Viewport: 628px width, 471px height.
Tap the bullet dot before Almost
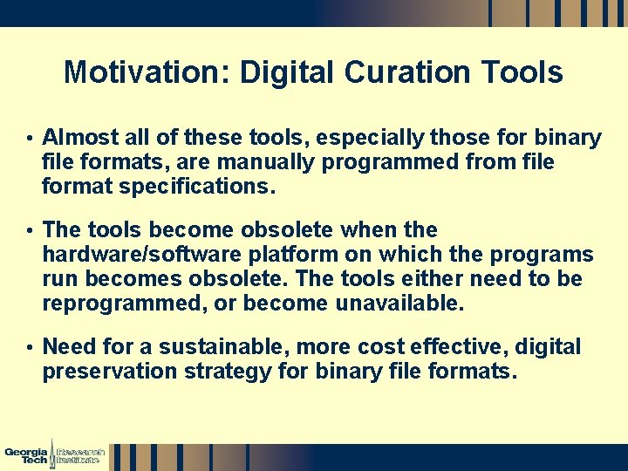coord(30,140)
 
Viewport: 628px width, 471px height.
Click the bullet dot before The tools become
coord(30,231)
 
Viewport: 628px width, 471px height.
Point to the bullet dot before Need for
coord(30,348)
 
